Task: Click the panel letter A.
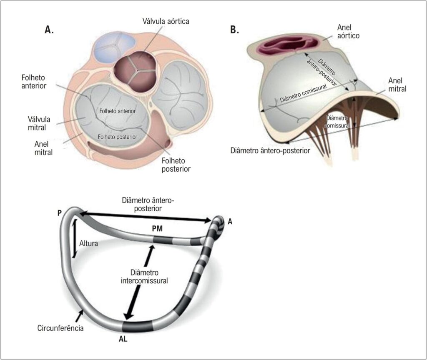click(49, 30)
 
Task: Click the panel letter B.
click(234, 30)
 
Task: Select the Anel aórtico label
click(344, 32)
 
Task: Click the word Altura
click(87, 244)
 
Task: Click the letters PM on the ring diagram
click(158, 228)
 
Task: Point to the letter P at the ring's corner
click(60, 212)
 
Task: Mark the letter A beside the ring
click(230, 222)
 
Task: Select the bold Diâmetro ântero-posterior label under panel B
click(270, 150)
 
